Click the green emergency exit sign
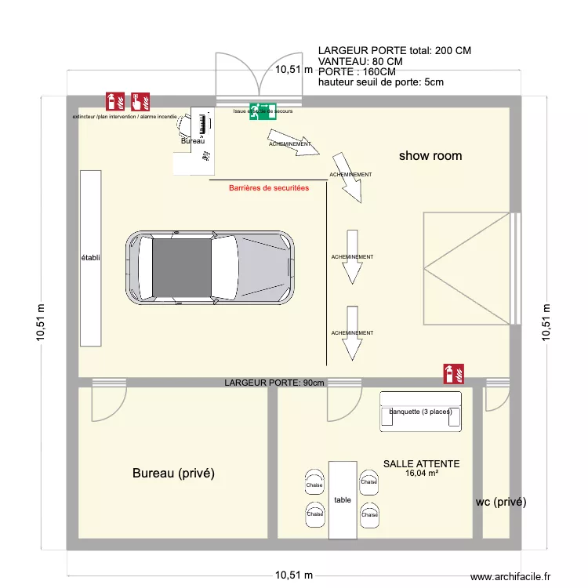[x=262, y=111]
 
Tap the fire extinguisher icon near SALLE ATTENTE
[x=453, y=373]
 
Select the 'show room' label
[x=430, y=156]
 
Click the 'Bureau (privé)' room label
[x=173, y=473]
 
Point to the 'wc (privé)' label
[x=501, y=502]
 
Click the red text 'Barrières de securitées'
[x=269, y=188]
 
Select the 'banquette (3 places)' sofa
[x=420, y=412]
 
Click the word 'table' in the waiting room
[x=343, y=499]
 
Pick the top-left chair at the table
[x=315, y=481]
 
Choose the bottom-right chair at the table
[x=368, y=514]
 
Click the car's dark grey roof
[x=181, y=268]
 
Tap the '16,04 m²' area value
[x=421, y=474]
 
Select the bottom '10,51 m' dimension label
[x=293, y=575]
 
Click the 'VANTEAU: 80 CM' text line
[x=361, y=61]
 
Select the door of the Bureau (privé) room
[x=107, y=400]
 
